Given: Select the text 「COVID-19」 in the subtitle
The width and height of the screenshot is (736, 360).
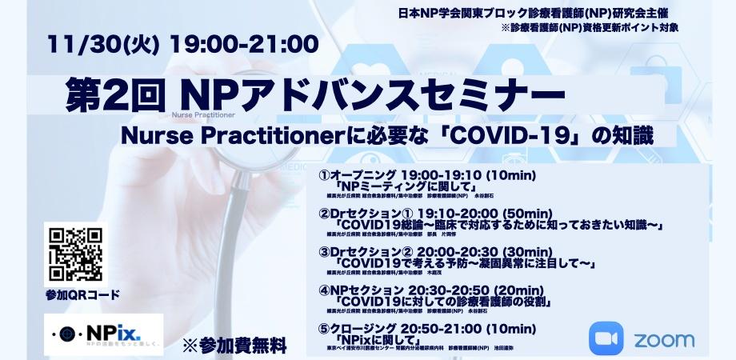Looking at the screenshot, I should point(530,135).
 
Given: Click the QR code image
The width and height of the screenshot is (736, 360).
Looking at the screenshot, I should point(76,254).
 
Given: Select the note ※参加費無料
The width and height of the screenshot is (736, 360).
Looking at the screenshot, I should point(234,346).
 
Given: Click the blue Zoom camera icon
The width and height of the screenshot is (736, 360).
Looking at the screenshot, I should point(606,338).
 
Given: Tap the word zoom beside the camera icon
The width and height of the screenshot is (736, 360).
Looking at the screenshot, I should point(664,338).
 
